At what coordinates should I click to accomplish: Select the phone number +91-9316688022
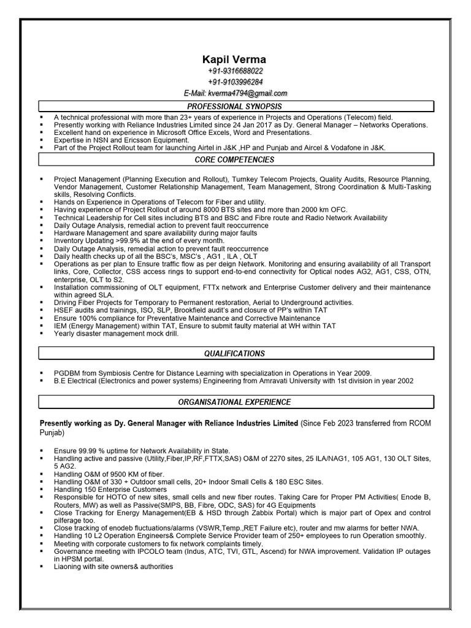click(x=235, y=72)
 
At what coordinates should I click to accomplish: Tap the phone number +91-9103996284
click(x=235, y=82)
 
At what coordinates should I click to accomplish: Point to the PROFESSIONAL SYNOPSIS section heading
click(x=235, y=107)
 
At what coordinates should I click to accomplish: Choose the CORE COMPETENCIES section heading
click(x=235, y=159)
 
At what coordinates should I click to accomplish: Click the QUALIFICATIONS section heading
click(x=235, y=354)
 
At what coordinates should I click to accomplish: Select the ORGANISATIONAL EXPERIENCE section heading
click(x=235, y=402)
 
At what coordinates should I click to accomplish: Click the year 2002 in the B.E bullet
click(x=404, y=381)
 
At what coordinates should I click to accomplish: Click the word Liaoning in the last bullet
click(x=69, y=567)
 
